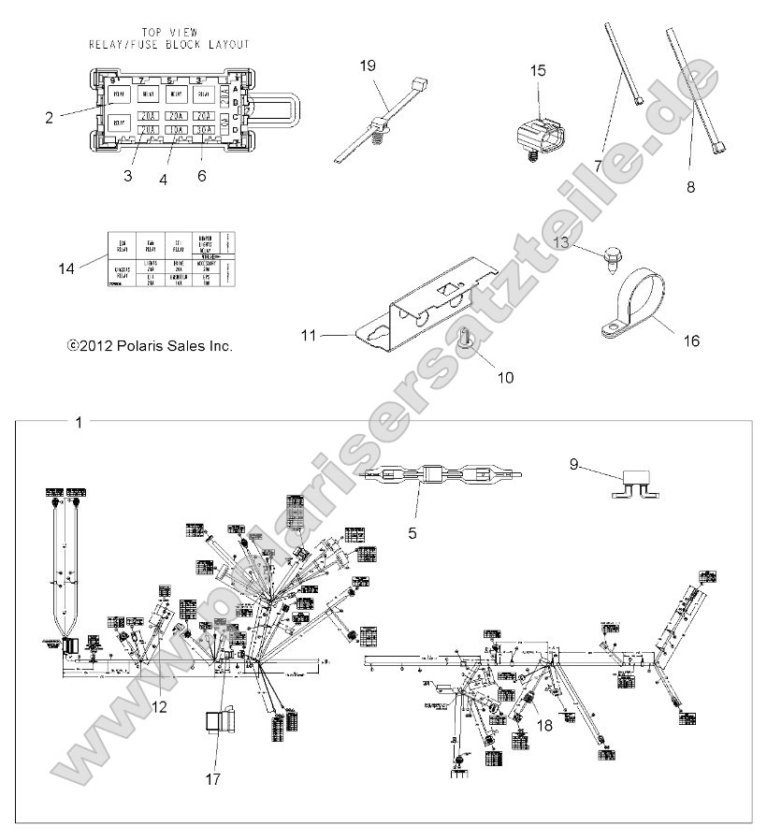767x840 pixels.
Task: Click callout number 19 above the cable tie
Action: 367,65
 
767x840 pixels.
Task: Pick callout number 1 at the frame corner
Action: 79,423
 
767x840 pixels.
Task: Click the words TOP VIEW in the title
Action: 169,31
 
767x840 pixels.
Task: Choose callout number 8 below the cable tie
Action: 690,186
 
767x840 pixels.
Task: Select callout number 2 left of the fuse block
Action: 49,117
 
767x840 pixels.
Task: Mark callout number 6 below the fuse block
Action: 202,175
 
